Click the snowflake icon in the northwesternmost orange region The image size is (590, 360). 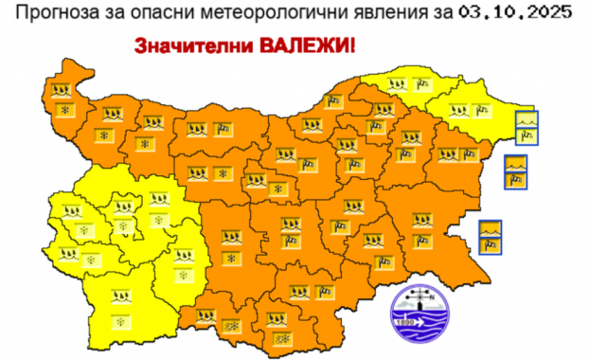click(x=64, y=110)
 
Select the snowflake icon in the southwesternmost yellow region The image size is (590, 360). click(x=121, y=322)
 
